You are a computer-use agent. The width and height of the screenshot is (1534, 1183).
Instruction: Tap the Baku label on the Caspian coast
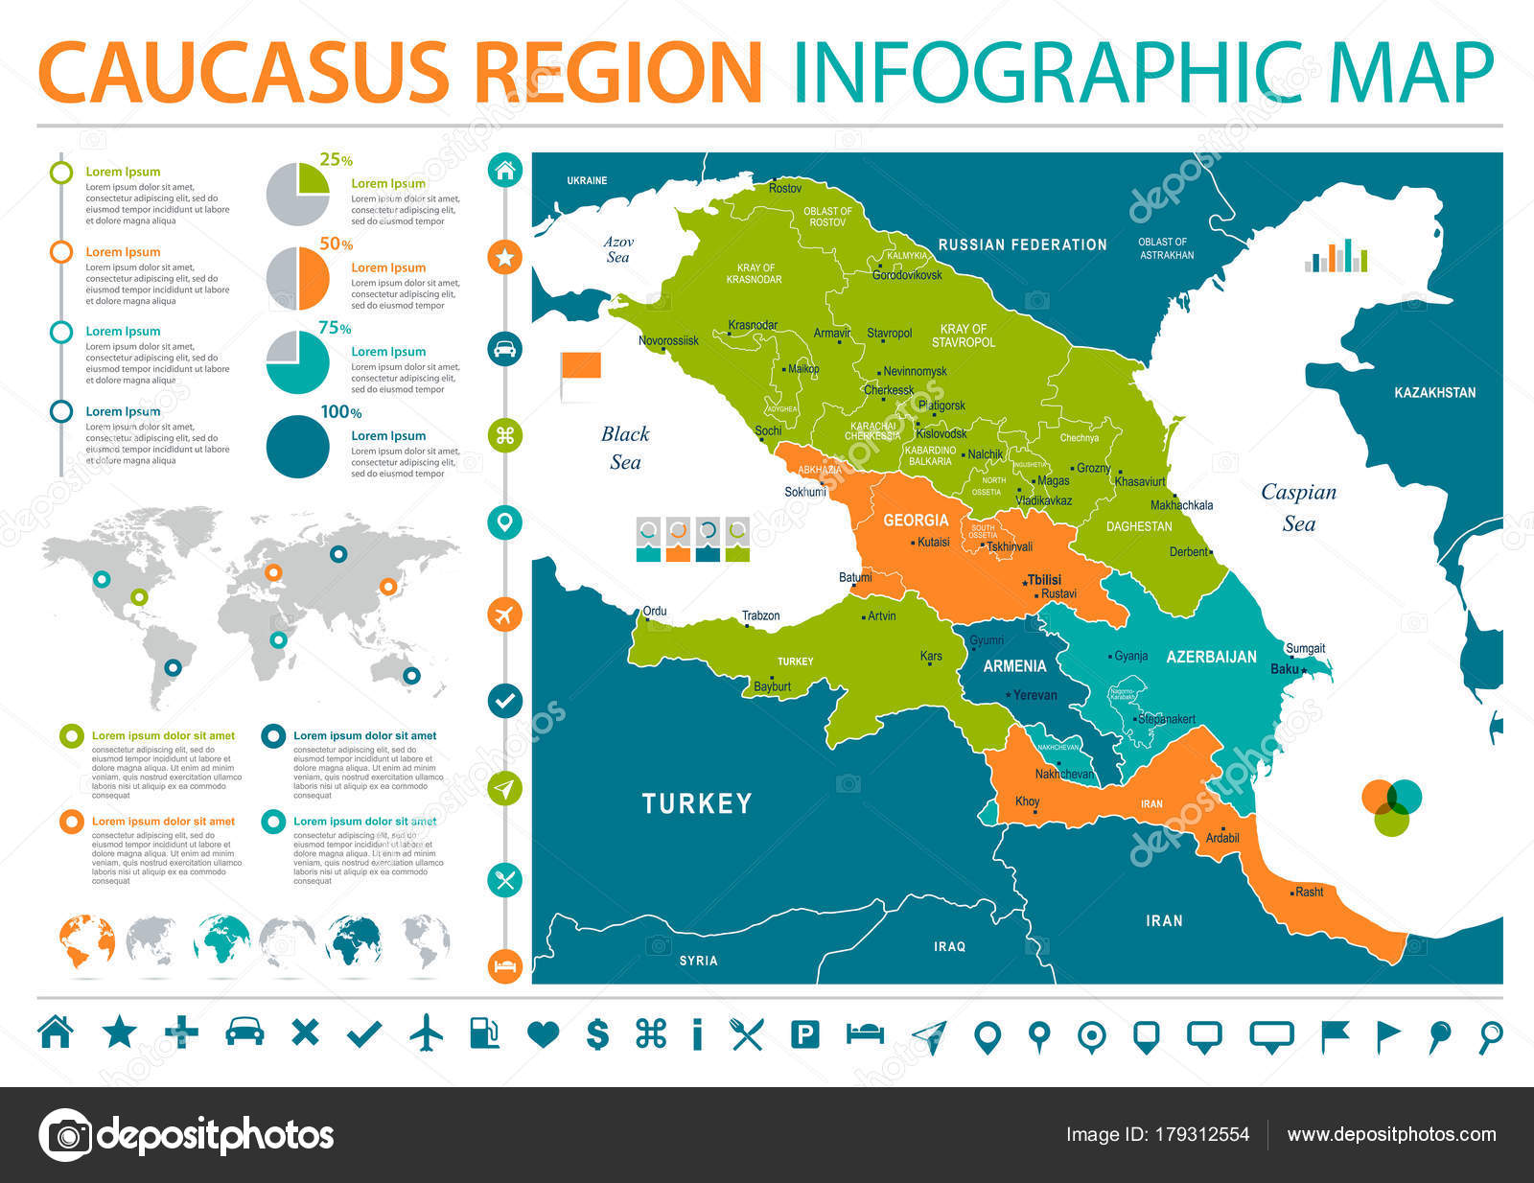[1284, 668]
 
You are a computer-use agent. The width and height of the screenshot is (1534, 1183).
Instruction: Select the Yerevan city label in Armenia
[1034, 695]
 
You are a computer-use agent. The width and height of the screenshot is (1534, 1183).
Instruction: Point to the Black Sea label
[625, 448]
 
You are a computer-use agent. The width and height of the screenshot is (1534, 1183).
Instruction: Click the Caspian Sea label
[1298, 507]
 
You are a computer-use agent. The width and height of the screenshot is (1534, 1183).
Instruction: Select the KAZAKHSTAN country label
[1434, 392]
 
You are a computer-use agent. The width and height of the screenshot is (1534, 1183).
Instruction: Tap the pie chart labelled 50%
[297, 278]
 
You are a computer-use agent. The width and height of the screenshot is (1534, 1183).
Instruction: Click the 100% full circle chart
[297, 447]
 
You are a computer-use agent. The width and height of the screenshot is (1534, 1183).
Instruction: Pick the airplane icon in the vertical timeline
[505, 614]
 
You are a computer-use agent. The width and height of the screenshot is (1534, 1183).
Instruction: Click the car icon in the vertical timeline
[505, 348]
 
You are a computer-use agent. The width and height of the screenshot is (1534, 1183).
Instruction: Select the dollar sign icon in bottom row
[597, 1033]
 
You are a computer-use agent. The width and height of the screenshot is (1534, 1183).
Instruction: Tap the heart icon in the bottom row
[543, 1033]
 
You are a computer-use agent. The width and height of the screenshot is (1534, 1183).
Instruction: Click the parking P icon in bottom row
[804, 1033]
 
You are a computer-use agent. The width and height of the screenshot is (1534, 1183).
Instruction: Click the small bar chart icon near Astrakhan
[1336, 256]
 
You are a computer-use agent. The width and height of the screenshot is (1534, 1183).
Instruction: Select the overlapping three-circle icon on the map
[1392, 806]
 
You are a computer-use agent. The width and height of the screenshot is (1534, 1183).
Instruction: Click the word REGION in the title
[618, 73]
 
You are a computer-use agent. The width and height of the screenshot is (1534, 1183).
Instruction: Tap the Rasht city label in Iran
[1309, 892]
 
